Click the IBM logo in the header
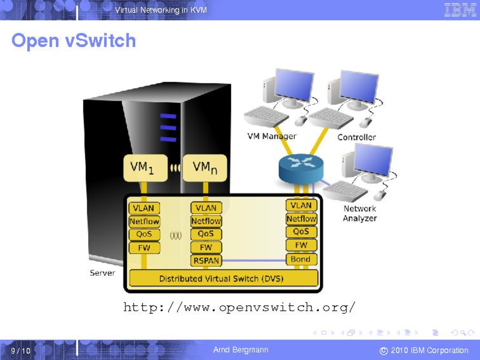(x=460, y=10)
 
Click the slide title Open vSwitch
(x=74, y=41)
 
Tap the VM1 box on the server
(x=145, y=168)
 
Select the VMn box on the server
(x=205, y=168)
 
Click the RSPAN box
(x=206, y=261)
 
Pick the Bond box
(x=301, y=259)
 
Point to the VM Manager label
(x=272, y=136)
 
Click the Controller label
(x=356, y=137)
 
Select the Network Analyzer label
(x=360, y=214)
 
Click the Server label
(x=102, y=273)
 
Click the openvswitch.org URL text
(x=239, y=307)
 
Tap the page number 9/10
(x=21, y=350)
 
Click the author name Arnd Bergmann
(x=241, y=350)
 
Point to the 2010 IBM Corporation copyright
(x=424, y=350)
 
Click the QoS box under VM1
(x=144, y=234)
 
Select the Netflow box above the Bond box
(x=301, y=219)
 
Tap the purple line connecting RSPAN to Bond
(x=254, y=261)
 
